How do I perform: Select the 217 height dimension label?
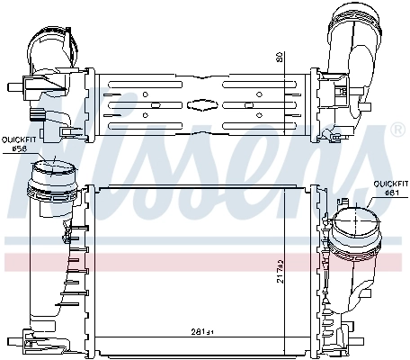pyautogui.click(x=280, y=266)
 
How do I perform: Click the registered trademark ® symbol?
pyautogui.click(x=397, y=131)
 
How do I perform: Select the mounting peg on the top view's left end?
pyautogui.click(x=13, y=88)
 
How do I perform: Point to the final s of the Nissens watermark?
pyautogui.click(x=360, y=180)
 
